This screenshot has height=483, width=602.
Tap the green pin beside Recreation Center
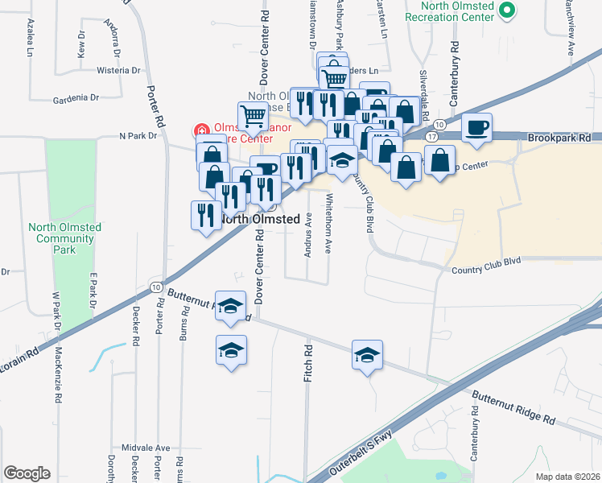506,10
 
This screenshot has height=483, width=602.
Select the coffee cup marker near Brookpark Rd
477,129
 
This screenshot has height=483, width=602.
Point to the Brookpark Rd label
560,138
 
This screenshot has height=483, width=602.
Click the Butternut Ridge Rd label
513,408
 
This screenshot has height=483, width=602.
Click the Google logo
27,473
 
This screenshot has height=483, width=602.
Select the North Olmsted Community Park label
64,238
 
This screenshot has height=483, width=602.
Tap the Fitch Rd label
307,364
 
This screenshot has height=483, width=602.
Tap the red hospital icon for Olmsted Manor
200,129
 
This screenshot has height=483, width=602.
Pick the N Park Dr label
138,136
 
